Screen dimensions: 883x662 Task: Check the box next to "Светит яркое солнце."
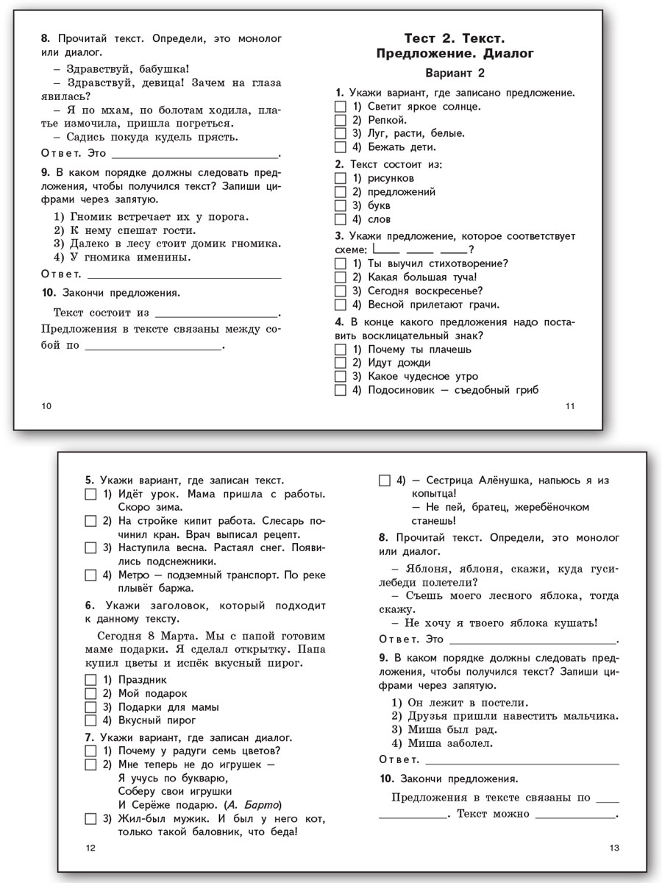pos(339,107)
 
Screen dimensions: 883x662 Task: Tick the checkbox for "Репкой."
pos(339,120)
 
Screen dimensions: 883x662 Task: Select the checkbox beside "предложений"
pos(339,192)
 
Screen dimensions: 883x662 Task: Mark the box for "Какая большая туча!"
pos(339,277)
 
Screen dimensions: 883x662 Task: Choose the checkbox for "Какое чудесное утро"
pos(339,377)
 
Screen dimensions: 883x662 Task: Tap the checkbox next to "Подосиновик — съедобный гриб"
pos(339,390)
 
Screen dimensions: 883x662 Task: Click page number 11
pos(569,406)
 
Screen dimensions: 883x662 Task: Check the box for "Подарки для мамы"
pos(90,706)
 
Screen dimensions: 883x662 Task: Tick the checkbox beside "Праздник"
pos(90,680)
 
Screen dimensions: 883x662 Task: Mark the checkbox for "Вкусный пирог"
pos(90,720)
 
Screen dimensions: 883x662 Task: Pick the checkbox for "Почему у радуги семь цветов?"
pos(90,751)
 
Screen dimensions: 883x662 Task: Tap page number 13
pos(614,848)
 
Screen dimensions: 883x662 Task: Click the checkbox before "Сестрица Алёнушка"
pos(384,480)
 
